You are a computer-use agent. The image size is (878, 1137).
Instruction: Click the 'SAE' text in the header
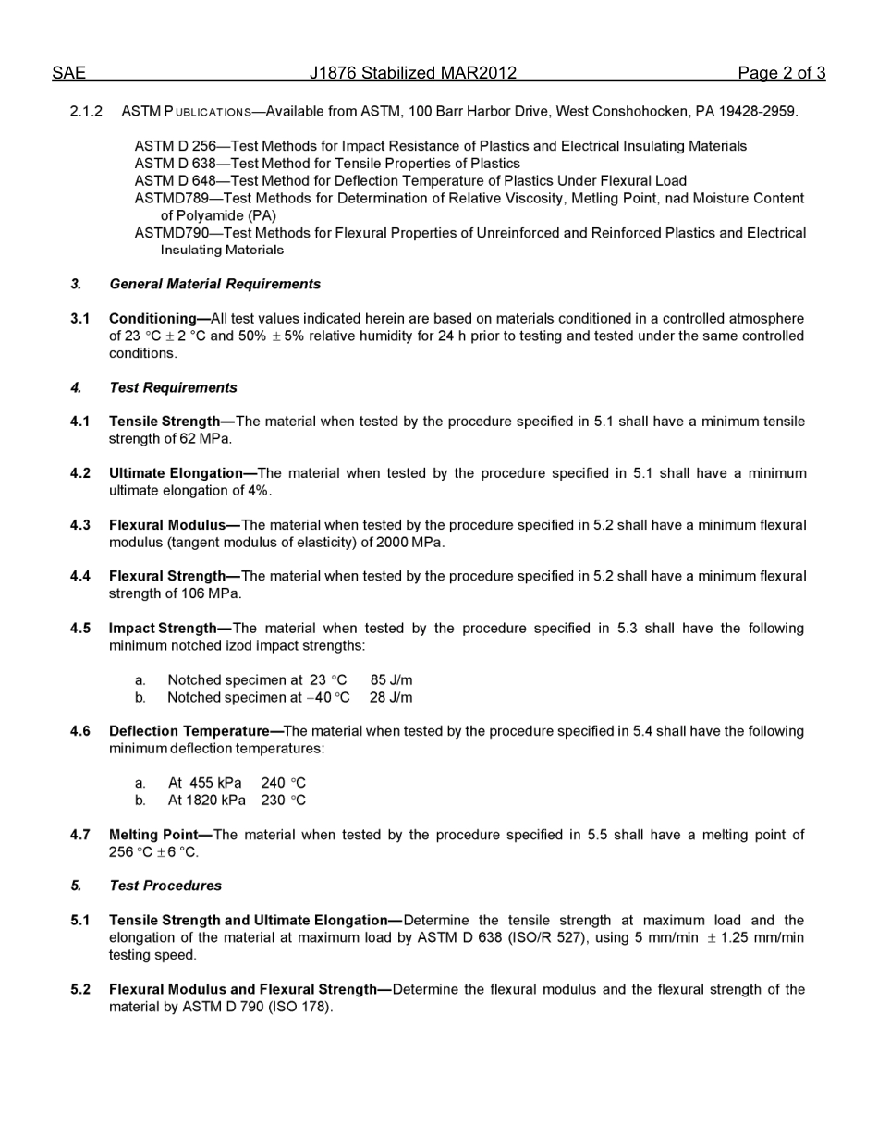point(68,73)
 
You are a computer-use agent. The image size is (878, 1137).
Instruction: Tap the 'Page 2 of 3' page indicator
point(781,73)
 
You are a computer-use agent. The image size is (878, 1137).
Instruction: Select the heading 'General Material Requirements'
point(214,284)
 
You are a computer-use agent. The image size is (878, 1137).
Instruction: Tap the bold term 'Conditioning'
point(152,319)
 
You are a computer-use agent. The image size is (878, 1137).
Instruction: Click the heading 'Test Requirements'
point(173,387)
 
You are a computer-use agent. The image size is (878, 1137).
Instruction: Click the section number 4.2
point(80,473)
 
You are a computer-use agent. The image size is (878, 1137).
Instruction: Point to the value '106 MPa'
point(215,593)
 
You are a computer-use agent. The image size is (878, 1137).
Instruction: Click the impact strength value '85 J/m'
point(391,680)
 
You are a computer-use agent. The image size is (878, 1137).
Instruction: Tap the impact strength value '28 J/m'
point(391,697)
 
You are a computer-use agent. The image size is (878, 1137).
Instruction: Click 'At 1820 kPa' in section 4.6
point(206,801)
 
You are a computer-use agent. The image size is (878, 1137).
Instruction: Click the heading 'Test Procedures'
point(165,886)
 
